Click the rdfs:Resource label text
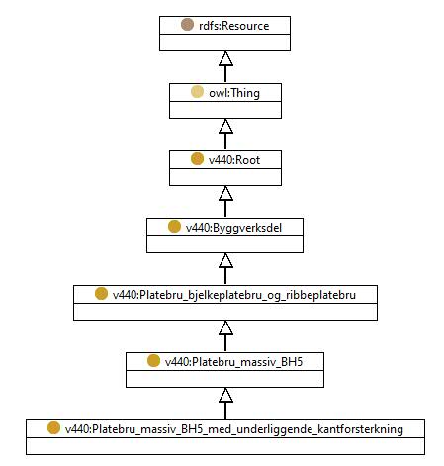pyautogui.click(x=234, y=26)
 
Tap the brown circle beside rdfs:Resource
pyautogui.click(x=187, y=25)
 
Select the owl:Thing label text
pyautogui.click(x=234, y=93)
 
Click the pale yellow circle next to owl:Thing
pyautogui.click(x=197, y=92)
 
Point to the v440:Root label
pyautogui.click(x=234, y=160)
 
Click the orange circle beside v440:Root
pyautogui.click(x=197, y=159)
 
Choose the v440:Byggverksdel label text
pyautogui.click(x=233, y=228)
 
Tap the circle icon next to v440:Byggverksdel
pyautogui.click(x=174, y=227)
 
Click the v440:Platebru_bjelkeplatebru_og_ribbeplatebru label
pyautogui.click(x=234, y=295)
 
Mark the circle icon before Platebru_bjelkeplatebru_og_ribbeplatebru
pyautogui.click(x=101, y=294)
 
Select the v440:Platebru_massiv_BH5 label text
pyautogui.click(x=233, y=362)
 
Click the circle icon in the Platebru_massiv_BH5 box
pyautogui.click(x=153, y=361)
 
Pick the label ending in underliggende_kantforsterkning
pyautogui.click(x=234, y=429)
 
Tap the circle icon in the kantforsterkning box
pyautogui.click(x=53, y=428)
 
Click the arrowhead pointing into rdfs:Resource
pyautogui.click(x=225, y=58)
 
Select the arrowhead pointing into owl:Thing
pyautogui.click(x=225, y=126)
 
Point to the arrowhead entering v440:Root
pyautogui.click(x=225, y=193)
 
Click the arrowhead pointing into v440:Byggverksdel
pyautogui.click(x=225, y=260)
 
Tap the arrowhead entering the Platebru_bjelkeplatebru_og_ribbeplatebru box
pyautogui.click(x=225, y=327)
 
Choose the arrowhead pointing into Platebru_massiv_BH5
pyautogui.click(x=225, y=395)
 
